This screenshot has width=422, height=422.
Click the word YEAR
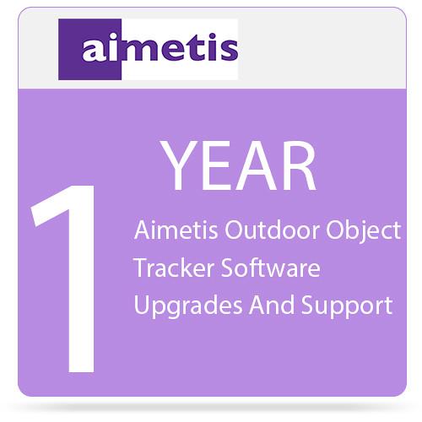[239, 166]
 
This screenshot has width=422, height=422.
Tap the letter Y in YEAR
[180, 166]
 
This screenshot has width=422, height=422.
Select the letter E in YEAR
[218, 166]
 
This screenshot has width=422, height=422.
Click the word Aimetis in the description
[170, 230]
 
